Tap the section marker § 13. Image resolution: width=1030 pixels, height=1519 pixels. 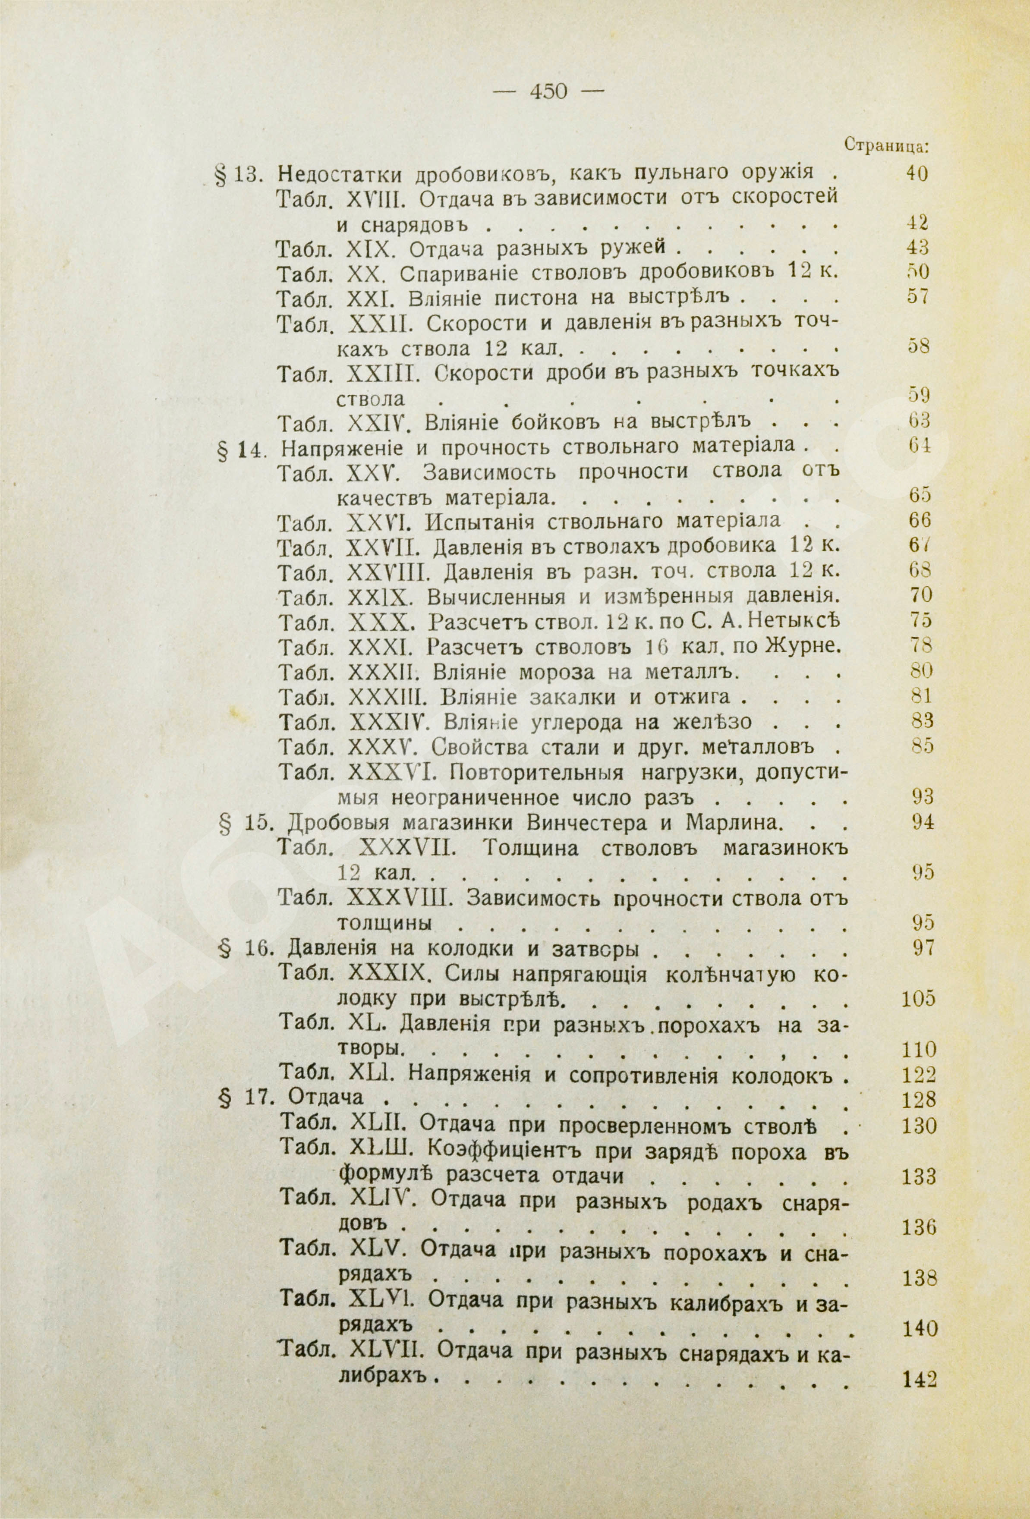point(238,175)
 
